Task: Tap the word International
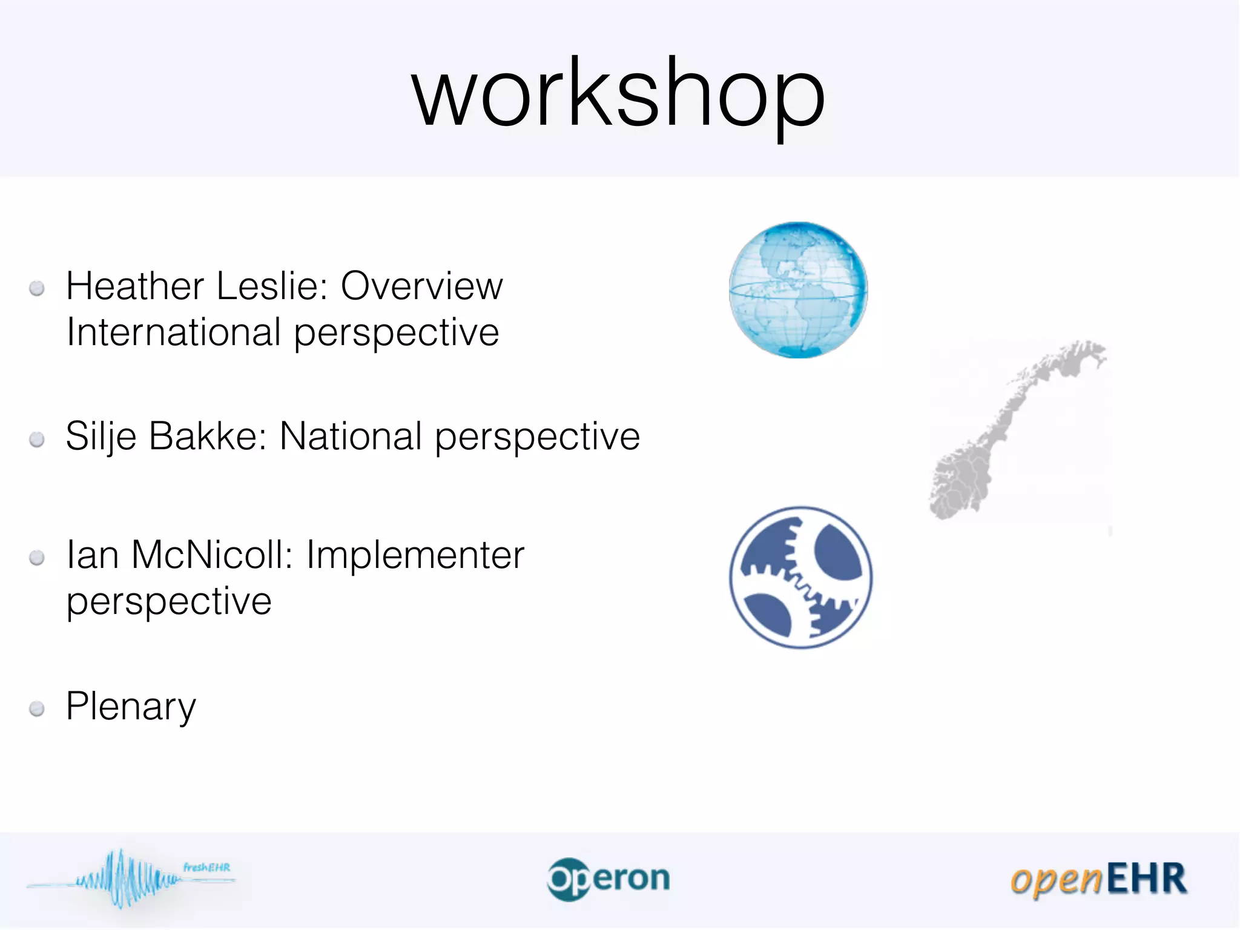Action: [x=174, y=332]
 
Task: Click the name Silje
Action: [x=101, y=437]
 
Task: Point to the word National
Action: [x=351, y=437]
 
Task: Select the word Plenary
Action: [x=131, y=706]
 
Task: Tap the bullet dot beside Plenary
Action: [x=37, y=708]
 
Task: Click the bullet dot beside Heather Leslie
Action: [x=37, y=288]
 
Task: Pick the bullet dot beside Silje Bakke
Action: [x=37, y=439]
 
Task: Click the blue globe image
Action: [x=798, y=290]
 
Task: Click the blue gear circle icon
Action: [x=800, y=577]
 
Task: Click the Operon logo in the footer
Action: [x=608, y=879]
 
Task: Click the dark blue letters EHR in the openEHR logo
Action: [x=1147, y=879]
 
